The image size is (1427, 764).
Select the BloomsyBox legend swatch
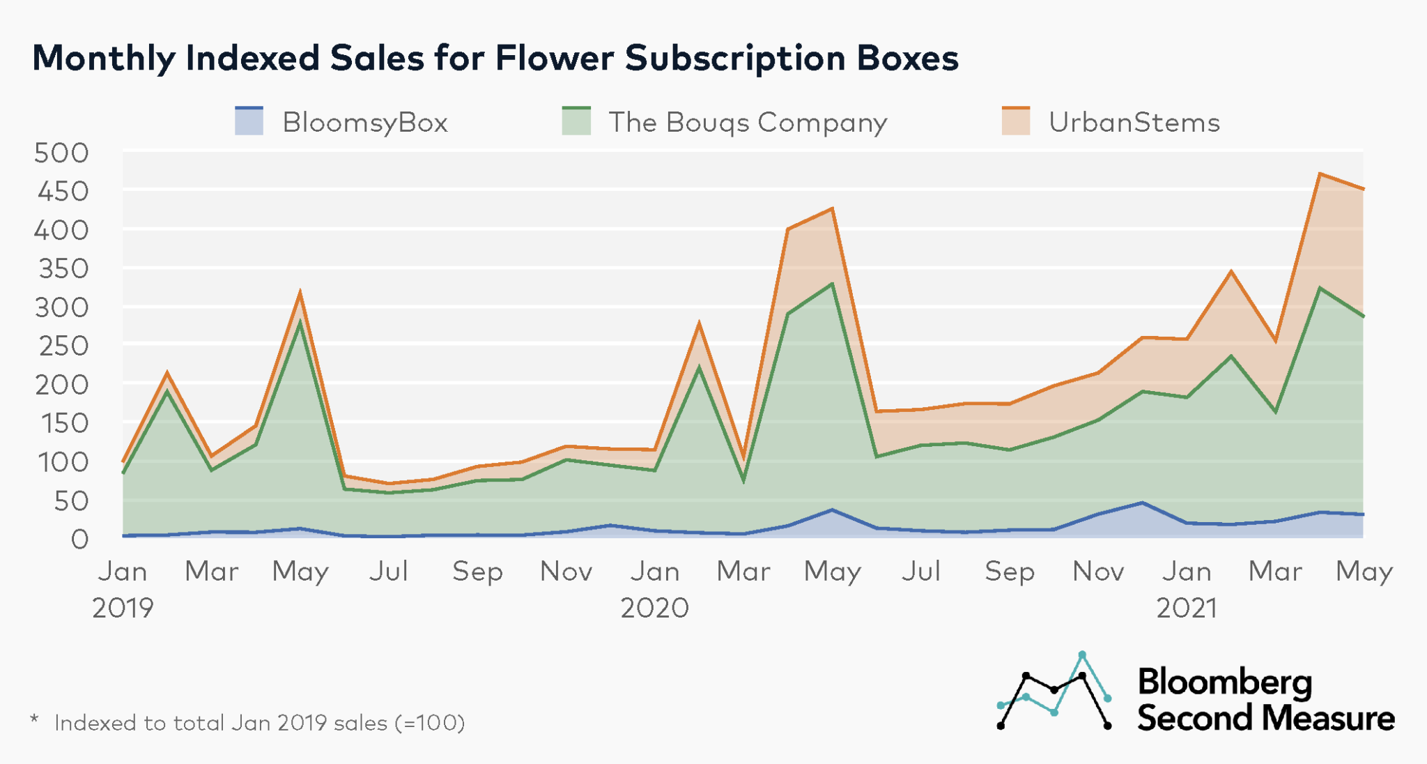click(x=249, y=121)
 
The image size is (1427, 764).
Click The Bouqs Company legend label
click(x=748, y=122)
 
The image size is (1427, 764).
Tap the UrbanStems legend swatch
click(x=1015, y=121)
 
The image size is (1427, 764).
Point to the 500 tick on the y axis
click(x=62, y=153)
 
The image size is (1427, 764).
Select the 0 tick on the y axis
click(x=79, y=540)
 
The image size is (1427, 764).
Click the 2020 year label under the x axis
click(x=654, y=608)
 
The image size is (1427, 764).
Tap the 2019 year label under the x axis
click(x=123, y=608)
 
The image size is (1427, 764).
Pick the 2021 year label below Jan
click(x=1187, y=608)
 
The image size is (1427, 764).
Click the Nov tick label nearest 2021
click(x=1098, y=572)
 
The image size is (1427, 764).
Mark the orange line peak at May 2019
click(x=300, y=293)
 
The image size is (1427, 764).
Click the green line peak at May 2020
click(x=832, y=284)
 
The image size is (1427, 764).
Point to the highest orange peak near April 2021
click(x=1320, y=174)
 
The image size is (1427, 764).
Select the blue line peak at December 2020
click(x=1142, y=503)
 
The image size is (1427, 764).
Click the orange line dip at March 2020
click(x=743, y=459)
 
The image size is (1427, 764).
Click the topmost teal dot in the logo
click(x=1082, y=655)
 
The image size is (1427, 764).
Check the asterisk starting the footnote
click(x=34, y=719)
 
